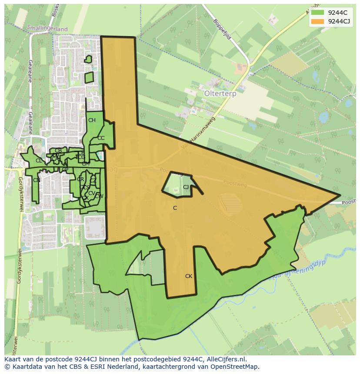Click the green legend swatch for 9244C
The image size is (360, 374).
point(317,13)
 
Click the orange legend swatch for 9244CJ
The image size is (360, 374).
point(317,21)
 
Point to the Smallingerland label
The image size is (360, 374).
point(47,29)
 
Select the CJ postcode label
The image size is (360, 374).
point(186,187)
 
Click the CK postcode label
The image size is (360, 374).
point(188,276)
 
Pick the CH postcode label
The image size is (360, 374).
point(92,120)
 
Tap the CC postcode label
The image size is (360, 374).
point(101,138)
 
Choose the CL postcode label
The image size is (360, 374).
point(39,161)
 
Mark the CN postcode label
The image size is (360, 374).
point(37,180)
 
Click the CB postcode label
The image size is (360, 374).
point(58,151)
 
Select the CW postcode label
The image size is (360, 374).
point(99,196)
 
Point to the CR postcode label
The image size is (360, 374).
point(80,179)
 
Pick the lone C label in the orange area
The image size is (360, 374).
point(175,208)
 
